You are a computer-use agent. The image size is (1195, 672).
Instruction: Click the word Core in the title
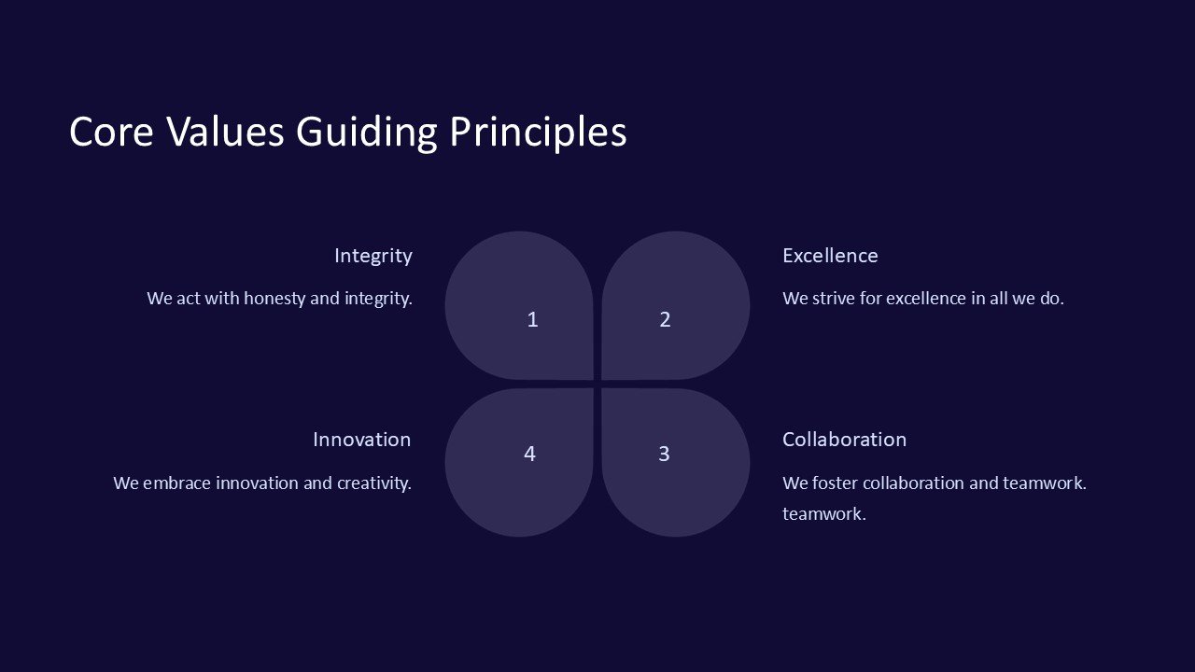[x=111, y=132]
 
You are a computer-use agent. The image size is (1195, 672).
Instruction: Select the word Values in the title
[x=225, y=131]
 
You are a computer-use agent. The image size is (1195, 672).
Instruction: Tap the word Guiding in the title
[x=367, y=133]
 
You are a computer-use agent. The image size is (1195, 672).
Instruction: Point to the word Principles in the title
[x=539, y=133]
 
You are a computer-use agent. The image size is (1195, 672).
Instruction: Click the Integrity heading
[x=373, y=257]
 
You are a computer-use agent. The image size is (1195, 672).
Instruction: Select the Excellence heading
[x=830, y=256]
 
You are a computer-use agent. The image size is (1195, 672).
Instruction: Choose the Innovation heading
[x=361, y=440]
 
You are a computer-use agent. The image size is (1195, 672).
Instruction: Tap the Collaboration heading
[x=845, y=440]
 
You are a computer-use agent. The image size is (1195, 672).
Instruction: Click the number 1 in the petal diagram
[x=532, y=319]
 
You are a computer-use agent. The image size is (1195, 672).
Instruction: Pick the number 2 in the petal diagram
[x=665, y=319]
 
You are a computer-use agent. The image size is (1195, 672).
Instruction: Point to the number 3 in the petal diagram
[x=664, y=454]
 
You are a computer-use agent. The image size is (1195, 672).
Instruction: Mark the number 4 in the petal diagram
[x=529, y=454]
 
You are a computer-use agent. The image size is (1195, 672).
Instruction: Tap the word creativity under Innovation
[x=374, y=483]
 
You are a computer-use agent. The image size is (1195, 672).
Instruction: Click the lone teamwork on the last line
[x=824, y=514]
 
